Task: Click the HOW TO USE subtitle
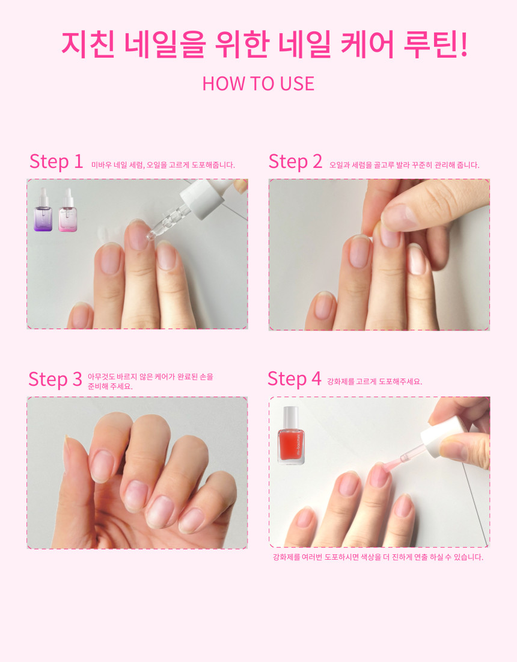click(x=258, y=84)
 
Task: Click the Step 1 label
click(x=56, y=162)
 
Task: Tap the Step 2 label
click(x=295, y=162)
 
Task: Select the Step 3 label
click(x=55, y=379)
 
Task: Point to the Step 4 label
click(x=295, y=379)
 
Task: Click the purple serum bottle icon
click(x=43, y=210)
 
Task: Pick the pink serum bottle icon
click(x=67, y=210)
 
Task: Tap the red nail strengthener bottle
click(x=291, y=435)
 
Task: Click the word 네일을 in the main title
click(x=165, y=44)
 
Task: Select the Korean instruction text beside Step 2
click(x=405, y=165)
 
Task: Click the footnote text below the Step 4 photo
click(x=378, y=557)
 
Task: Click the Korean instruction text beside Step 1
click(x=163, y=165)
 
